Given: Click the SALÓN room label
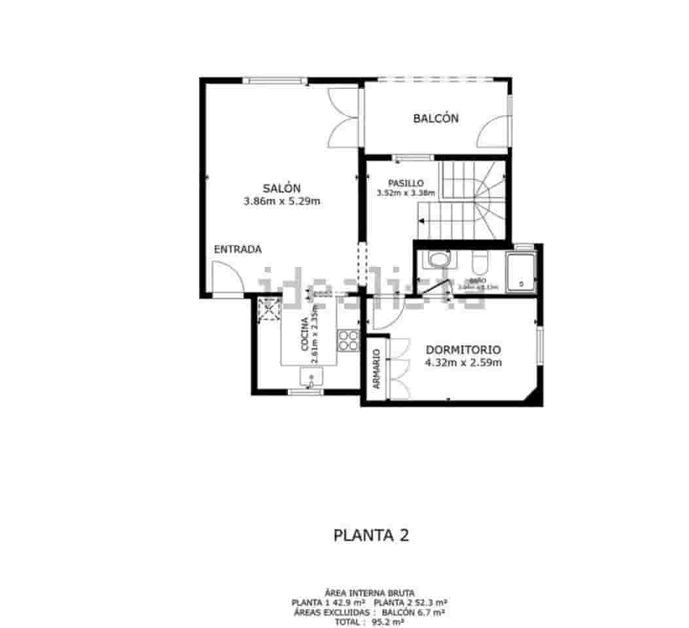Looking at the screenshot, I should click(x=281, y=188).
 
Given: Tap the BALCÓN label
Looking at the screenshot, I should click(x=435, y=118).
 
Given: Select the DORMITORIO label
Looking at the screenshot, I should click(x=463, y=349).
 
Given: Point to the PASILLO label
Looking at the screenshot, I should click(x=406, y=183).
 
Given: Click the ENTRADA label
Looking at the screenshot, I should click(x=238, y=249).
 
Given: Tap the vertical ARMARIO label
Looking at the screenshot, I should click(x=377, y=369).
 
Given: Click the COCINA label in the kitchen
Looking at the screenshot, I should click(x=304, y=335).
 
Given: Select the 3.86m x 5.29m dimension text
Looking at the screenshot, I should click(x=281, y=201).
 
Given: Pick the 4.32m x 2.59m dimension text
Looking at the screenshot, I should click(x=463, y=362).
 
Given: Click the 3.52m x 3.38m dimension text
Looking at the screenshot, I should click(x=406, y=193).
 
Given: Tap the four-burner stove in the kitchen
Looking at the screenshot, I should click(x=348, y=340).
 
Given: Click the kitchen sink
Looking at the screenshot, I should click(x=311, y=377).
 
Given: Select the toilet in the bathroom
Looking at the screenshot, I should click(x=478, y=263).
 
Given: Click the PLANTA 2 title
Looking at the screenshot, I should click(x=371, y=535).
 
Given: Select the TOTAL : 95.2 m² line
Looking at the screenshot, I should click(x=370, y=622).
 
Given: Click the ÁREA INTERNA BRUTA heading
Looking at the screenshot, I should click(x=370, y=592).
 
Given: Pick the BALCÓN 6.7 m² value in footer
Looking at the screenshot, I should click(x=414, y=612).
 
